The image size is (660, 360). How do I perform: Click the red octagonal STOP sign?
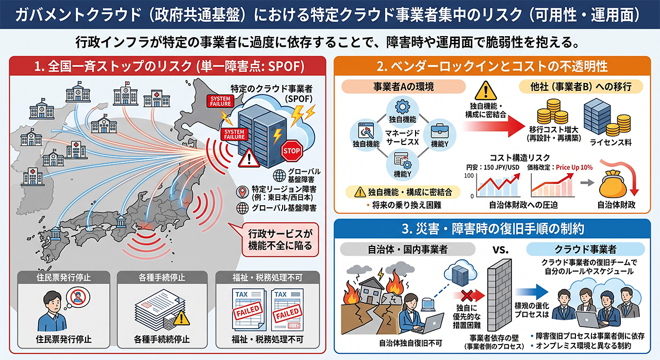pyautogui.click(x=292, y=151)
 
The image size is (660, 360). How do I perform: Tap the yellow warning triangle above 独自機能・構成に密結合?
pyautogui.click(x=486, y=91)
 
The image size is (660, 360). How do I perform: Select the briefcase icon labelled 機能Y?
pyautogui.click(x=440, y=132)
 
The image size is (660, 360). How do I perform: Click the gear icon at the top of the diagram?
pyautogui.click(x=402, y=106)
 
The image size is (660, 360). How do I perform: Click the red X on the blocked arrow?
pyautogui.click(x=467, y=296)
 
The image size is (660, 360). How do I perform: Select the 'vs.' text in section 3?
pyautogui.click(x=500, y=250)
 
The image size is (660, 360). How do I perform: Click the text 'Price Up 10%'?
pyautogui.click(x=574, y=167)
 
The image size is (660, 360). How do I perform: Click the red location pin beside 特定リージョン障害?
pyautogui.click(x=242, y=192)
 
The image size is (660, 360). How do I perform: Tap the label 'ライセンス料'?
pyautogui.click(x=610, y=143)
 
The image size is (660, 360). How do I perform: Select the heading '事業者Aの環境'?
pyautogui.click(x=404, y=87)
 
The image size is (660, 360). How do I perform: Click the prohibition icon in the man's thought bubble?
pyautogui.click(x=78, y=297)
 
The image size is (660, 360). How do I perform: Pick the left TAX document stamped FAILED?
pyautogui.click(x=248, y=309)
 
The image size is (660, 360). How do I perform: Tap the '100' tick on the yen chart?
pyautogui.click(x=469, y=176)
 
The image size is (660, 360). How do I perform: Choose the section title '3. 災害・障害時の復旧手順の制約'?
pyautogui.click(x=492, y=229)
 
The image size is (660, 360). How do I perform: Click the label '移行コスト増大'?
pyautogui.click(x=553, y=129)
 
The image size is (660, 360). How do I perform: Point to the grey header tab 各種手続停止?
pyautogui.click(x=162, y=277)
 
